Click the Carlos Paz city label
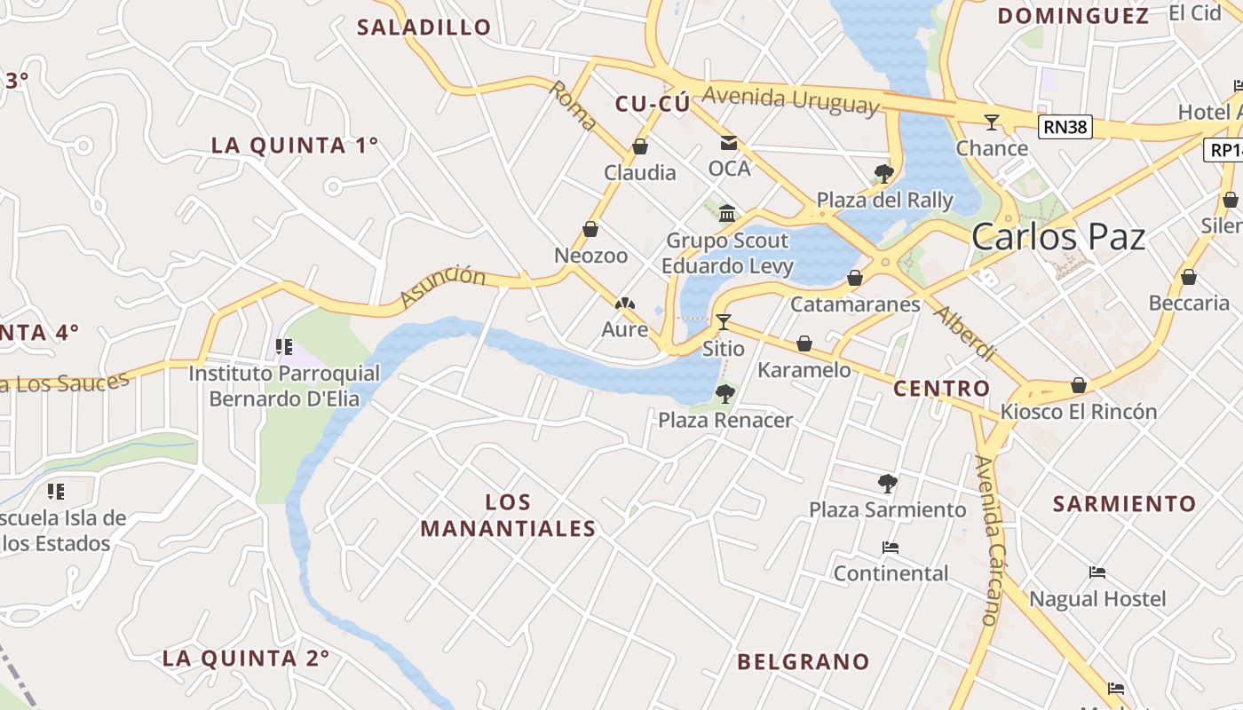coord(1057,237)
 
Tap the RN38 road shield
coord(1065,127)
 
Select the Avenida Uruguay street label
coord(790,99)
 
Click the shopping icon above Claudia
coord(639,146)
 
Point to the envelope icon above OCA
coord(729,142)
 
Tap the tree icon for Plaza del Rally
coord(883,173)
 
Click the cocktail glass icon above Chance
coord(992,122)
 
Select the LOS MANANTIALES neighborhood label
coord(508,516)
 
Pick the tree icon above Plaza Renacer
coord(725,393)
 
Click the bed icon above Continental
coord(891,548)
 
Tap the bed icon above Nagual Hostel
coord(1097,572)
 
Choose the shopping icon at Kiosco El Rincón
coord(1079,385)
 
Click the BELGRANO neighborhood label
coord(804,661)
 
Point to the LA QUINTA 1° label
coord(295,145)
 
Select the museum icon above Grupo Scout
coord(728,213)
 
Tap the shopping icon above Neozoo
coord(590,230)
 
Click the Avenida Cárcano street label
coord(988,540)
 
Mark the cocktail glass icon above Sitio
coord(724,321)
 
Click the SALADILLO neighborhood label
coord(424,27)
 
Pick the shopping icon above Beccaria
coord(1189,277)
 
